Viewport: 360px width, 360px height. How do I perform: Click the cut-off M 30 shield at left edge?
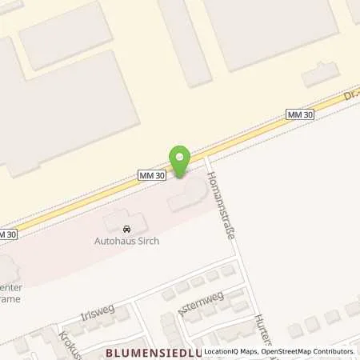pyautogui.click(x=6, y=234)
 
